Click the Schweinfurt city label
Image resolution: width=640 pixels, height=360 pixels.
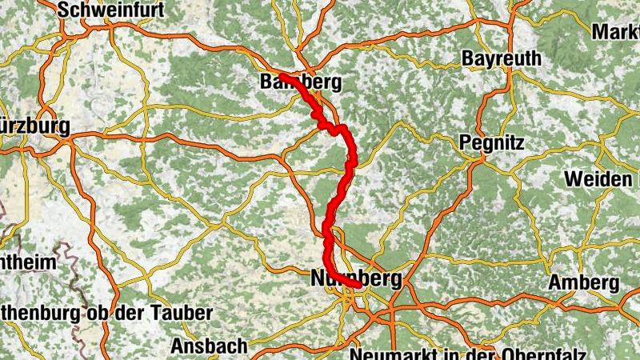point(111,10)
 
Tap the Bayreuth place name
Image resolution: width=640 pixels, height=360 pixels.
point(502,59)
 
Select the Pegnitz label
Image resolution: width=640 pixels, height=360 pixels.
point(492,142)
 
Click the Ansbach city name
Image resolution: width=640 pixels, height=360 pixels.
point(209,346)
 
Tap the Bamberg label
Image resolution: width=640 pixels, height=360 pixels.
point(301,82)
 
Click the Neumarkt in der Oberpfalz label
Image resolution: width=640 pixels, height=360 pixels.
point(468,354)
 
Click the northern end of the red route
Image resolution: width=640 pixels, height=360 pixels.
point(282,75)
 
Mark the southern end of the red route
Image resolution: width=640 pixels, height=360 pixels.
point(361,284)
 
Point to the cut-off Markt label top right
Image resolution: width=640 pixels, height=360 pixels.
point(615,32)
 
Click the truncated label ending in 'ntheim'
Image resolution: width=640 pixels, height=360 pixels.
point(28,262)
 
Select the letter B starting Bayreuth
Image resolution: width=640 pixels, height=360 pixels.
point(468,59)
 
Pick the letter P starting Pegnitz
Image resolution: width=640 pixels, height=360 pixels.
point(466,142)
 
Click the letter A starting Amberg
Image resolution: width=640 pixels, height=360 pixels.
point(554,283)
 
